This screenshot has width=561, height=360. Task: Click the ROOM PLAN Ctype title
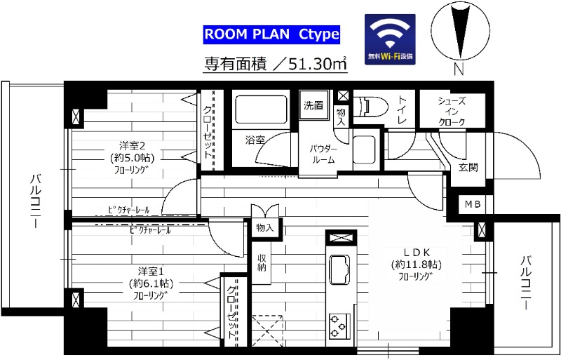(271, 34)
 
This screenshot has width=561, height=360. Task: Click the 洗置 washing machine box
(313, 106)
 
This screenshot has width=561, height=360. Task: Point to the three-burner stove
(339, 325)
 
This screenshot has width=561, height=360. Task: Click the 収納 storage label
(262, 263)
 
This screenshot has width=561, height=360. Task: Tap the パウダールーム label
(323, 154)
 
